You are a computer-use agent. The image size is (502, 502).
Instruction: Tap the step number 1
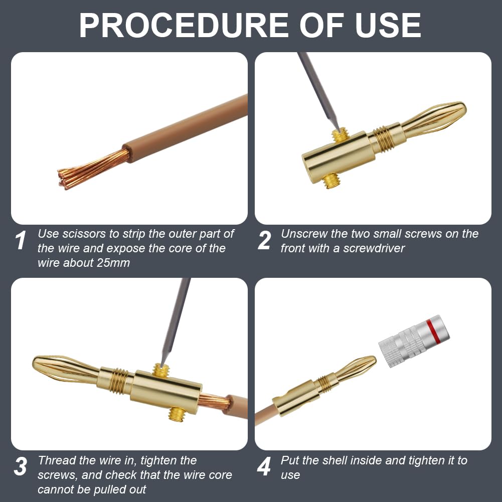[21, 240]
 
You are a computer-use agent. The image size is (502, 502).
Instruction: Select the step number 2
[264, 240]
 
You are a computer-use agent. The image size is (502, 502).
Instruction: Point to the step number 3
[21, 466]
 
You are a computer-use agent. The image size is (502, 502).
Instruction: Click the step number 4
[264, 466]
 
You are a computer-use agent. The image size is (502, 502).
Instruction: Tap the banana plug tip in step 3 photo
[65, 370]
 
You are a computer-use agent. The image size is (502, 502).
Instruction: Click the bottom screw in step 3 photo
[176, 414]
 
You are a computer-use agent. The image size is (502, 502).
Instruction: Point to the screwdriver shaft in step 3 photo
[176, 322]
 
